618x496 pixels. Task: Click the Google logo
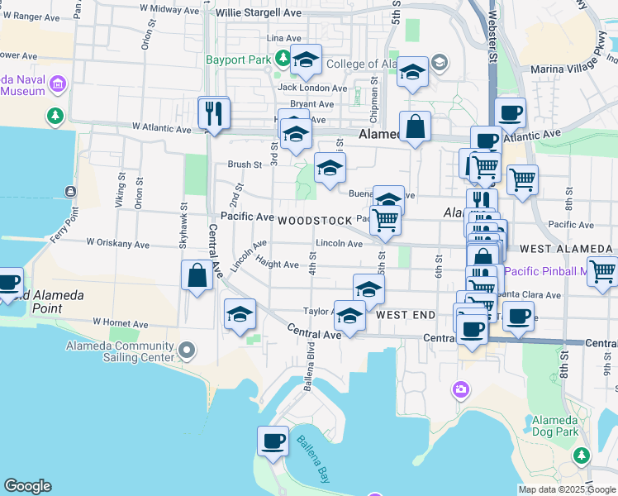tap(28, 486)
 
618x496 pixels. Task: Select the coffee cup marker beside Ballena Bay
tap(273, 441)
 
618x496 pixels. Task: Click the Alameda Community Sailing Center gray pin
tap(187, 351)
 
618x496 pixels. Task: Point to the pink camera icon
tap(460, 389)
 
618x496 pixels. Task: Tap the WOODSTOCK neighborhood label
tap(316, 221)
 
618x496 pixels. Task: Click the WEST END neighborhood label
tap(406, 316)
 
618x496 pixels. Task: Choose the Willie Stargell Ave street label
tap(257, 13)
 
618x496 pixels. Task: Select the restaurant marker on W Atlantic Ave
tap(214, 113)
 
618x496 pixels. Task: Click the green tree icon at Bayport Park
tap(283, 57)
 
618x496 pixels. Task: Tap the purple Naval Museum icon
tap(58, 83)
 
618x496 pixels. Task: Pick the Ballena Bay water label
tap(312, 459)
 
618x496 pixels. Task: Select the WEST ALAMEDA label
tap(566, 249)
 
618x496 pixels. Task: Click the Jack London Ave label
tap(312, 88)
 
